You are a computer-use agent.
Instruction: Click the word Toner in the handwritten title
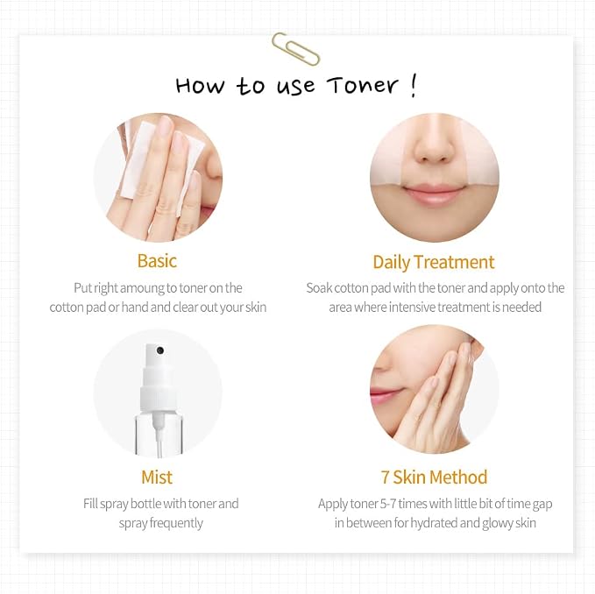point(363,85)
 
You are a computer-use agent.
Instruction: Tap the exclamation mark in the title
point(414,86)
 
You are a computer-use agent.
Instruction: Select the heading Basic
point(157,261)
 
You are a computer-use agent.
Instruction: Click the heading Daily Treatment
point(434,262)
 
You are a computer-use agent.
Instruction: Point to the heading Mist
point(157,477)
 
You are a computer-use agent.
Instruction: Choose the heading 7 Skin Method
point(434,477)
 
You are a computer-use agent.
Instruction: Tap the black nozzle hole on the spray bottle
point(160,350)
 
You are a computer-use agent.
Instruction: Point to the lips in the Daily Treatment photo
point(434,194)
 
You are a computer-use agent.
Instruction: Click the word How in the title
point(200,85)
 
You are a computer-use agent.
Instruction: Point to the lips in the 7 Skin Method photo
point(385,394)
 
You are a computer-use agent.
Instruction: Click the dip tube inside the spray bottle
point(159,436)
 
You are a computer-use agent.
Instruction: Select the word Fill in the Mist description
point(90,504)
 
